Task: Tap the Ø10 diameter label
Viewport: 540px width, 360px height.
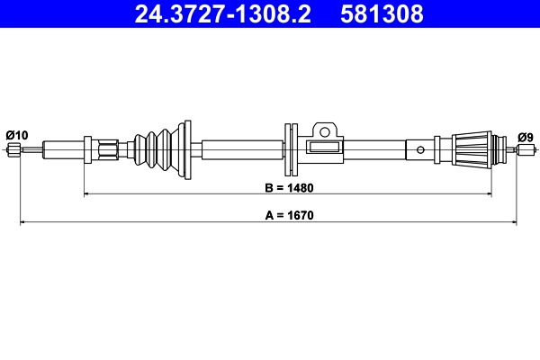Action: click(16, 135)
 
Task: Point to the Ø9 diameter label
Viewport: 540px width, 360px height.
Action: click(525, 136)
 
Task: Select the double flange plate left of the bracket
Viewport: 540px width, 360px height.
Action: click(289, 148)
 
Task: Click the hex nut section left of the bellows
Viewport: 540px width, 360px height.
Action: click(109, 149)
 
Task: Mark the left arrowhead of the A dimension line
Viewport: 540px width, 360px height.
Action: click(22, 220)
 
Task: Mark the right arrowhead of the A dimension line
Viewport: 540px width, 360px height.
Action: click(514, 220)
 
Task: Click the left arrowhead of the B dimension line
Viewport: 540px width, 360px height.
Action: click(86, 193)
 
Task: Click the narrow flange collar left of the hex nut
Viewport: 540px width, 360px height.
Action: click(89, 149)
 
